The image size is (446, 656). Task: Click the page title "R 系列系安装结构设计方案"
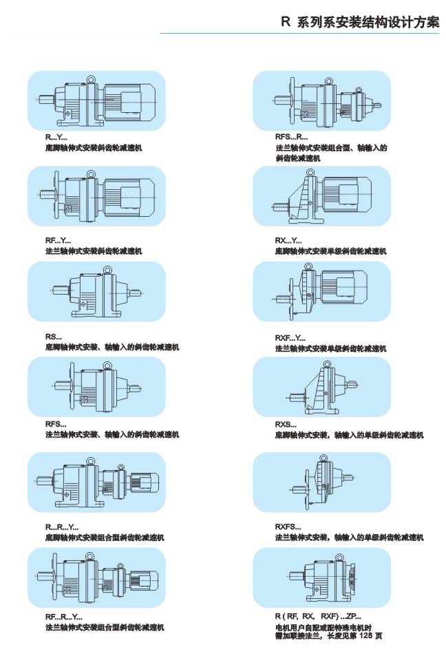point(360,22)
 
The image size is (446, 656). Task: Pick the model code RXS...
point(286,425)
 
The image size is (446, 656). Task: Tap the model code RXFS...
point(288,527)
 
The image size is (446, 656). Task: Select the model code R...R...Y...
point(62,527)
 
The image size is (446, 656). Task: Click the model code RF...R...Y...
point(64,617)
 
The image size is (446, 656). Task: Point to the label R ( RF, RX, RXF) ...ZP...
point(317,617)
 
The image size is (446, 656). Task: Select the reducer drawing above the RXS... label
point(321,391)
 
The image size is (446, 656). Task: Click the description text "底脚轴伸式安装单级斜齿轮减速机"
point(330,251)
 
